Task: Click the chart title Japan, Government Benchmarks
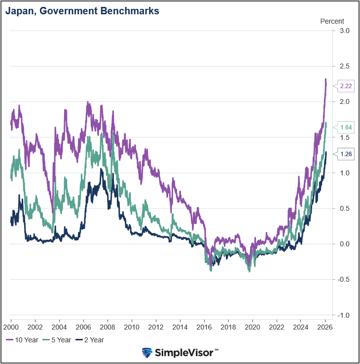pyautogui.click(x=82, y=11)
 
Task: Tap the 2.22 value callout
pyautogui.click(x=346, y=86)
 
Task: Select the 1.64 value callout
pyautogui.click(x=346, y=128)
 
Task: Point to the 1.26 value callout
pyautogui.click(x=346, y=154)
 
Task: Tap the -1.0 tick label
pyautogui.click(x=344, y=315)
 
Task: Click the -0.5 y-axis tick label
pyautogui.click(x=344, y=280)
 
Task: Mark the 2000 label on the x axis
pyautogui.click(x=11, y=327)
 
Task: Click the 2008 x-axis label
pyautogui.click(x=107, y=327)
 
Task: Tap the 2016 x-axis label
pyautogui.click(x=204, y=327)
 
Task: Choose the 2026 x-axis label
pyautogui.click(x=324, y=327)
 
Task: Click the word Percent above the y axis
pyautogui.click(x=332, y=21)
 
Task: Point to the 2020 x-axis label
pyautogui.click(x=252, y=327)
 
